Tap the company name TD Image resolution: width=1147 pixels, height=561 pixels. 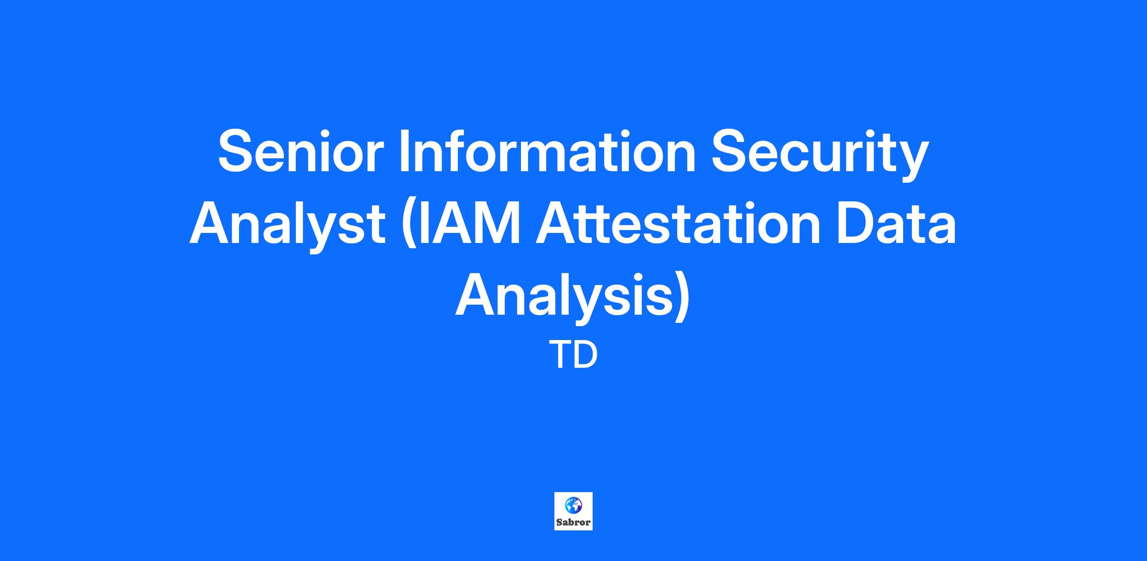[573, 355]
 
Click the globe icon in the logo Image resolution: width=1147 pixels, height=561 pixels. [573, 505]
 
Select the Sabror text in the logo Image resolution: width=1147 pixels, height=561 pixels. [573, 522]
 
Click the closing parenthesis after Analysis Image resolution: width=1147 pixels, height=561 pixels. [682, 298]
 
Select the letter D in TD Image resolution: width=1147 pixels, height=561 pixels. [586, 355]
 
